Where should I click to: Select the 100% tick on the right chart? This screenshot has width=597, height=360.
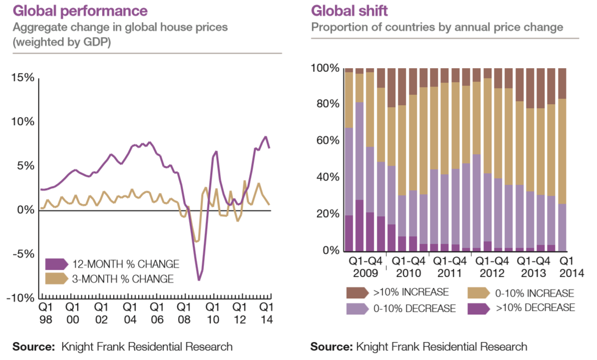(x=325, y=68)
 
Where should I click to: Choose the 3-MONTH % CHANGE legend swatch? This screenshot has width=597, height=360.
(x=56, y=278)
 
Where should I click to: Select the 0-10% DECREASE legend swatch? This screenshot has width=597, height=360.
(x=357, y=308)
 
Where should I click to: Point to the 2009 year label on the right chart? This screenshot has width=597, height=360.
(x=365, y=274)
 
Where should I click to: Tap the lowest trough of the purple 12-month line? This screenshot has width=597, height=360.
(x=199, y=279)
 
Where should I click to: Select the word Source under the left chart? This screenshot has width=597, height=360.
(x=33, y=346)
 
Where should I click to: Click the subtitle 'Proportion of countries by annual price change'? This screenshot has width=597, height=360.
(x=437, y=27)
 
